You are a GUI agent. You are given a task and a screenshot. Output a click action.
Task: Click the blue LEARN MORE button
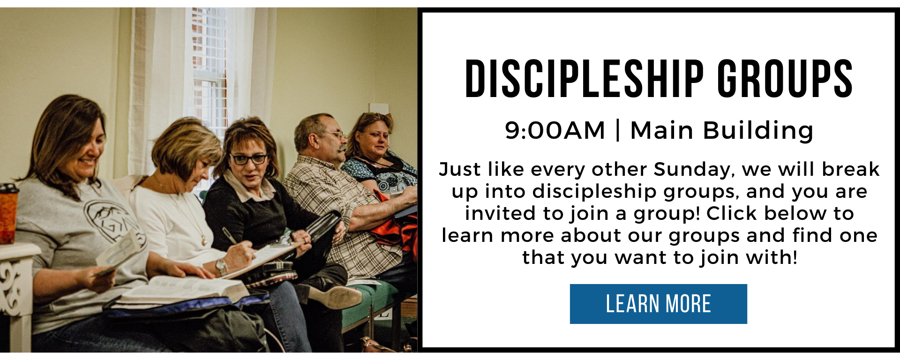pos(658,304)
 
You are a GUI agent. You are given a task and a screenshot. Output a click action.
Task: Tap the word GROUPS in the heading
pos(785,79)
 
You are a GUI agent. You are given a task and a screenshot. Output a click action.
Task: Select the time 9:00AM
pos(555,130)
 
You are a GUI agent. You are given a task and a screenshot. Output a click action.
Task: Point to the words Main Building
pos(722,130)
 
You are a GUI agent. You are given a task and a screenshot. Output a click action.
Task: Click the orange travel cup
pos(8,214)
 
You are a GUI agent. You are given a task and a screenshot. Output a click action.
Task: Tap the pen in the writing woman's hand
pos(230,236)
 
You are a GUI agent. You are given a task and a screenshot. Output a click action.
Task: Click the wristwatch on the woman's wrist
pos(221,267)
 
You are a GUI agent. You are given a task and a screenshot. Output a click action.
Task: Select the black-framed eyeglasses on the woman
pos(249,159)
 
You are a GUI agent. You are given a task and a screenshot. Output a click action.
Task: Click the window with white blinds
pos(210,70)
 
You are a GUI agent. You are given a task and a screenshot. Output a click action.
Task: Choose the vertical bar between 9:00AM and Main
pos(618,130)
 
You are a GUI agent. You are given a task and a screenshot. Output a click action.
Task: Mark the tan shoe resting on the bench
pos(334,296)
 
